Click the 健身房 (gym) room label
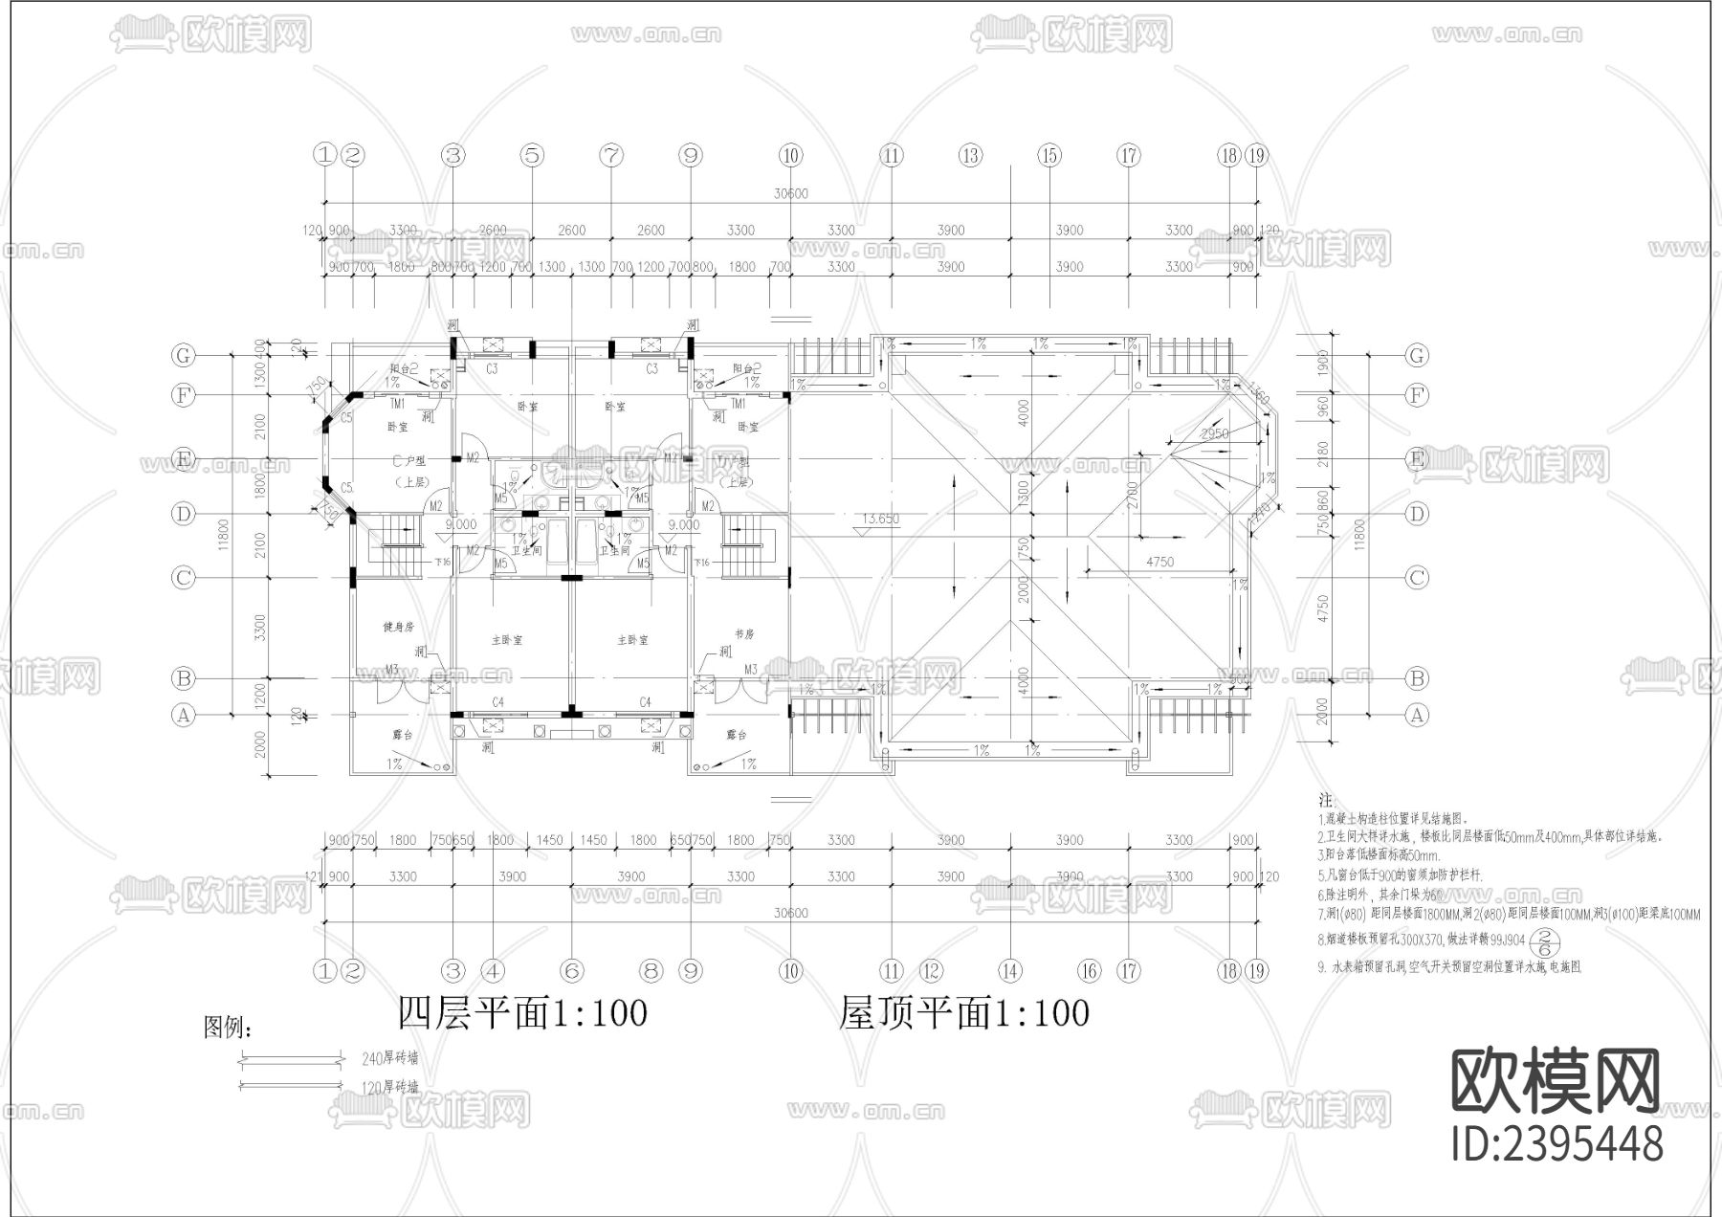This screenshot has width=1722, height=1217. coord(398,627)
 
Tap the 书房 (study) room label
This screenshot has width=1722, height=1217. coord(745,633)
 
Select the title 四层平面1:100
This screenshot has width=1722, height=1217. coord(522,1013)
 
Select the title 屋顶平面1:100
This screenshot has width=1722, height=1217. coord(964,1013)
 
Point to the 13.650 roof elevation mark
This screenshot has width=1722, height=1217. coord(880,520)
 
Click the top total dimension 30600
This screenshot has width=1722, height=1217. coord(790,193)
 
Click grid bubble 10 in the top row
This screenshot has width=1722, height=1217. coord(790,155)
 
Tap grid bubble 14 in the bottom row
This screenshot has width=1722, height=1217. coord(1010,971)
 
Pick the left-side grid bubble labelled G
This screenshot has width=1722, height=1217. coord(183,355)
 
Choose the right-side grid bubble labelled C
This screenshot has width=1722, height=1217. coord(1417,578)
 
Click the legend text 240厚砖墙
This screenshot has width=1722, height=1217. coord(389,1058)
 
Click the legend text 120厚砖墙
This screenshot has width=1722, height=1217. coord(389,1087)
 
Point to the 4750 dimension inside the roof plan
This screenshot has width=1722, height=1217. coord(1159,563)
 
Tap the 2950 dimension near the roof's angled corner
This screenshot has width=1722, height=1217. coord(1214,433)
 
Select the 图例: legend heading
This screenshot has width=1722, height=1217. coord(229,1029)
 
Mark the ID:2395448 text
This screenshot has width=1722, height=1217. coord(1556,1143)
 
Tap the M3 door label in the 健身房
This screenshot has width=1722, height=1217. coord(392,669)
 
